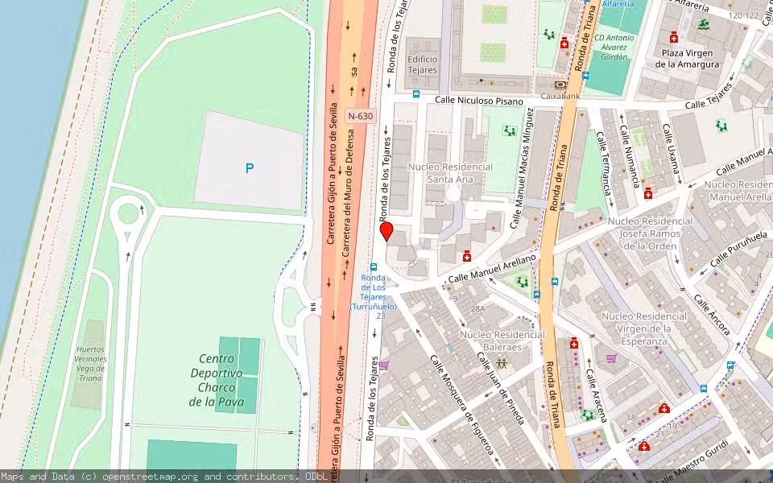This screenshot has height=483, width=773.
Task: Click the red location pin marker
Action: point(386,232)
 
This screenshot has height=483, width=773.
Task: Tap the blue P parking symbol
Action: point(250,168)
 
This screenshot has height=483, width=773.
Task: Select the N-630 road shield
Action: point(361,116)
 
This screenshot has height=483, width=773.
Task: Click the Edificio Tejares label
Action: point(422,64)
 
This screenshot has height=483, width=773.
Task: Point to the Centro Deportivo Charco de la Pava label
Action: point(217,380)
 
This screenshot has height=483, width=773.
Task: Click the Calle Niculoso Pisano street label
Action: point(479,101)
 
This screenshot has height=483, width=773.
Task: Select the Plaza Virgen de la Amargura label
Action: point(687,59)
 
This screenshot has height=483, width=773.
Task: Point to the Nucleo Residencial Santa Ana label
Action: point(449,172)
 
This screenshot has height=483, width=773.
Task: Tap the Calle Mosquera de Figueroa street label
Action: point(461,405)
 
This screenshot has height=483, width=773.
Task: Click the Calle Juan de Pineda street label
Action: point(500,388)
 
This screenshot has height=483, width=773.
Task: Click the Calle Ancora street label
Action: point(712,316)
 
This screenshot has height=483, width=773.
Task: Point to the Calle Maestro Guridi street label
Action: point(692,455)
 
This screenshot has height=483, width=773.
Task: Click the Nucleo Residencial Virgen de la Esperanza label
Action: point(644,328)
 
